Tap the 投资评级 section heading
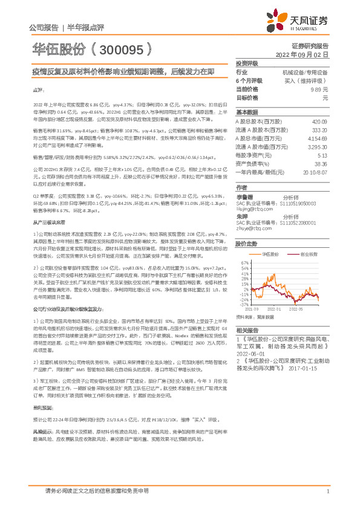pos(247,63)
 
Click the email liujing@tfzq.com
pos(252,209)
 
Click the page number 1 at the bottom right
pos(327,491)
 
